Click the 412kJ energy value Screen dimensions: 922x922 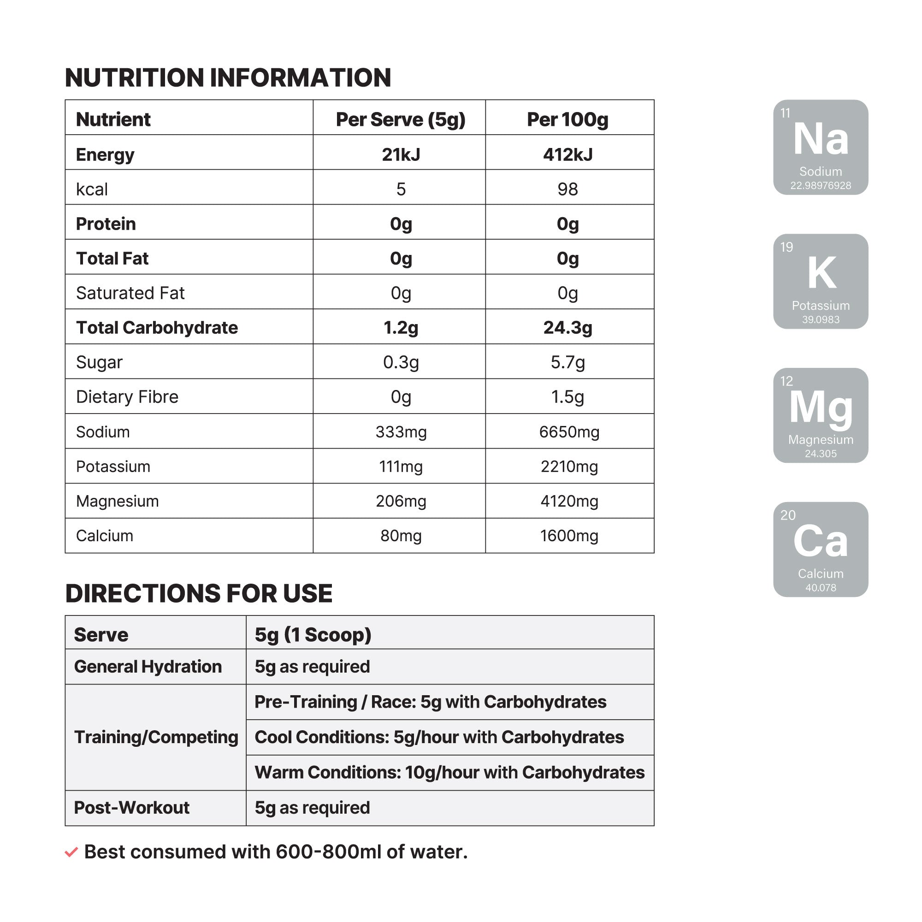pyautogui.click(x=567, y=154)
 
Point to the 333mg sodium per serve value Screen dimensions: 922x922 pyautogui.click(x=401, y=432)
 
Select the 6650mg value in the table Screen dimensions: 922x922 pyautogui.click(x=569, y=432)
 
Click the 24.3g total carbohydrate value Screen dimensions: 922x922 pyautogui.click(x=567, y=328)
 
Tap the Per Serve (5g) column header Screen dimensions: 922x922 pyautogui.click(x=401, y=119)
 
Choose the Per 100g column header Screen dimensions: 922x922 pyautogui.click(x=567, y=119)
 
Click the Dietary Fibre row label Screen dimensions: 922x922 pyautogui.click(x=127, y=397)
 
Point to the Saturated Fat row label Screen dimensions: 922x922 pyautogui.click(x=130, y=293)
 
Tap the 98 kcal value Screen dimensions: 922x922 pyautogui.click(x=567, y=189)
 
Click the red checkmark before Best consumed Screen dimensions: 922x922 pyautogui.click(x=71, y=852)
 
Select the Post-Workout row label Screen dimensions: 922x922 pyautogui.click(x=132, y=808)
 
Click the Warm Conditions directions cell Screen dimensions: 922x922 pyautogui.click(x=449, y=772)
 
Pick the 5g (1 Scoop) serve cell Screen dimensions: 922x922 pyautogui.click(x=313, y=635)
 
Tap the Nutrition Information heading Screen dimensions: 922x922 pyautogui.click(x=228, y=78)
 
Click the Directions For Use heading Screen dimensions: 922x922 pyautogui.click(x=199, y=593)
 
